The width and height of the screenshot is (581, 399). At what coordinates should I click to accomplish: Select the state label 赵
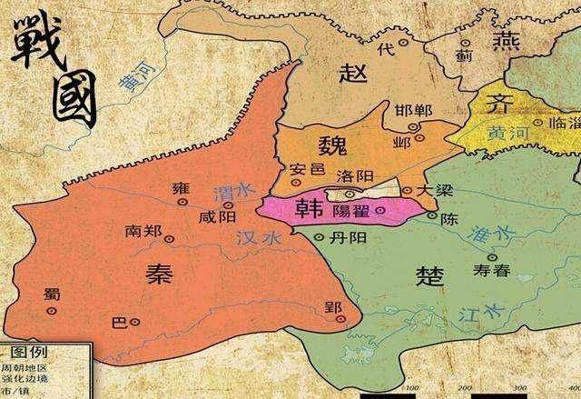[x=353, y=74]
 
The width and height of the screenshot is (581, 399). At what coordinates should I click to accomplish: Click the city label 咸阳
[x=218, y=215]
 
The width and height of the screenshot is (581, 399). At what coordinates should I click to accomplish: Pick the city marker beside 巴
[x=134, y=322]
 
